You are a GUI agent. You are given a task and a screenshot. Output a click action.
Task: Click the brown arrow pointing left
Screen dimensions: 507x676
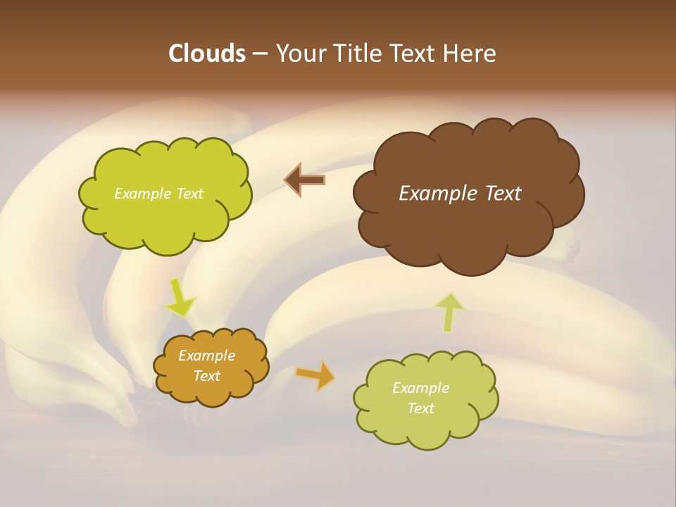click(305, 180)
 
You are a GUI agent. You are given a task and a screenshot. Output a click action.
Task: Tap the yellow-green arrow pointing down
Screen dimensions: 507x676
click(180, 299)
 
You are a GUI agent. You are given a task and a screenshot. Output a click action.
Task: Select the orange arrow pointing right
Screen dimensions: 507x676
click(315, 375)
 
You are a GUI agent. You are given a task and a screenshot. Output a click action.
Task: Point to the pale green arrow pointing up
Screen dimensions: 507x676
click(450, 312)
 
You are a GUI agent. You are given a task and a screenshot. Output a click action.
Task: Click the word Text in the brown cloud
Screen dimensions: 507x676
click(503, 194)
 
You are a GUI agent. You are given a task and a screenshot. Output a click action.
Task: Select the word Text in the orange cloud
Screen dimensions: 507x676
click(207, 376)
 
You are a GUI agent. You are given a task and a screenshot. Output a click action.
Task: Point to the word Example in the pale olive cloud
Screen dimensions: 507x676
click(420, 388)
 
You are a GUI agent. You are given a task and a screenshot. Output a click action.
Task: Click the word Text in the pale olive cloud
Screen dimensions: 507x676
click(420, 408)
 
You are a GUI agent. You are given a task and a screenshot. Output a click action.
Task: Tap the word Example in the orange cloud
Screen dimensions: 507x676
click(207, 356)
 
